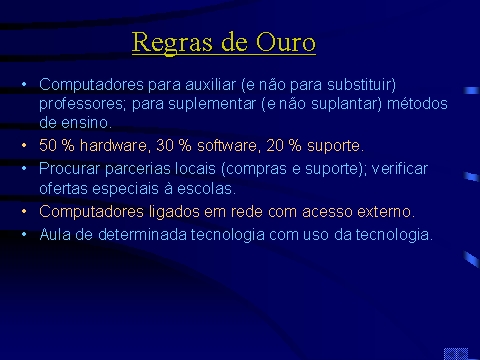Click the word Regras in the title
[172, 43]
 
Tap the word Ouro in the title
[286, 42]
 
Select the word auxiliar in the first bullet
[210, 84]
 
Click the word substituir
[361, 85]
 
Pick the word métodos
[417, 103]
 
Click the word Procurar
[69, 169]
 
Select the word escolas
[206, 189]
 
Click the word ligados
[174, 212]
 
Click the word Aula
[55, 234]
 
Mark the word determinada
[142, 234]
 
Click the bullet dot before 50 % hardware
[24, 145]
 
